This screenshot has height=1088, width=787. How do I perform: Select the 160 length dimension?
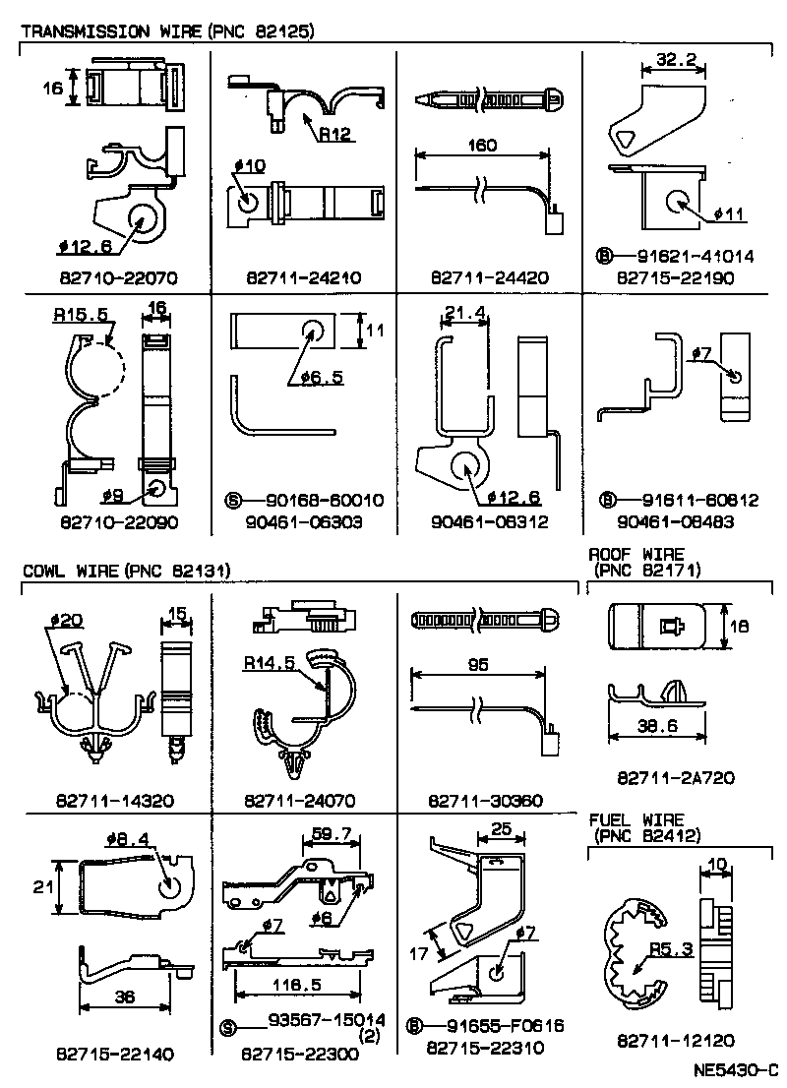point(482,145)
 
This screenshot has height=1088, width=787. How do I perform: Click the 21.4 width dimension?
point(461,314)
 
